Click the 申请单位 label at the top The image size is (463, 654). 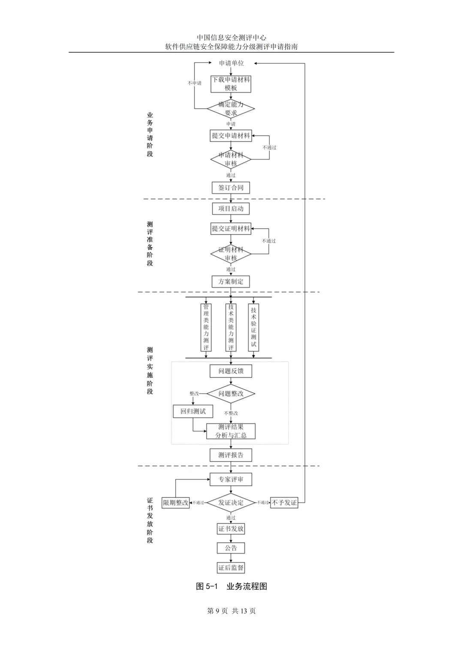[x=231, y=63]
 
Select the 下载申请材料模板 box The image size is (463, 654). [x=231, y=84]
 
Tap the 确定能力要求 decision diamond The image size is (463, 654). [x=231, y=108]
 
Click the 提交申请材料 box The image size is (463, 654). [x=231, y=136]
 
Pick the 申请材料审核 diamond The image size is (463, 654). [x=231, y=159]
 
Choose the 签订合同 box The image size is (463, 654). [x=231, y=188]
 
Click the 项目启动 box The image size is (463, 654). [x=231, y=209]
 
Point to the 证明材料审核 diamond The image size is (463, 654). [x=231, y=254]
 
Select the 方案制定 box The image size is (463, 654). [x=231, y=281]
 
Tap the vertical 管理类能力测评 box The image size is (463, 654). [x=206, y=327]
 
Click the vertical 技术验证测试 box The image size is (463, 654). [x=253, y=327]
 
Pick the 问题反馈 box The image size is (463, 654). [x=231, y=371]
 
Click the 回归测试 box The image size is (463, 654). [x=193, y=411]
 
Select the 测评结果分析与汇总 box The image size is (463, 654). [x=231, y=431]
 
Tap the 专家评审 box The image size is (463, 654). [x=231, y=479]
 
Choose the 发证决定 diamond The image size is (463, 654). [x=231, y=502]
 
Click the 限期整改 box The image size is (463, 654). [x=176, y=503]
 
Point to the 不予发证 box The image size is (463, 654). [x=284, y=503]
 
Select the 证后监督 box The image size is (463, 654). [x=231, y=568]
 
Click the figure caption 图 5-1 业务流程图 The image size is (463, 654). [x=231, y=586]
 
